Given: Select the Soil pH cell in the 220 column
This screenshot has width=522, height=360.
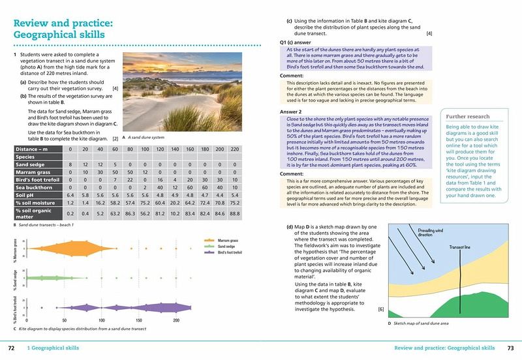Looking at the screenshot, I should [x=234, y=194].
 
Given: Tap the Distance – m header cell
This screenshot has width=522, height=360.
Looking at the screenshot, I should [x=33, y=149].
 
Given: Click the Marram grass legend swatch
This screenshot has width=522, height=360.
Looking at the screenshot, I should [x=208, y=240].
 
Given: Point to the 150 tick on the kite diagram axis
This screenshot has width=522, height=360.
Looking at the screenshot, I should [x=138, y=321].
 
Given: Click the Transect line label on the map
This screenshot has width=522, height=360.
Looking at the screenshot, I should [x=461, y=247].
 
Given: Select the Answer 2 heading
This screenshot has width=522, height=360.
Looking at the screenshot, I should [x=290, y=112].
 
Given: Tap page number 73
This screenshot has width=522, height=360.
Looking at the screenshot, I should [x=510, y=348].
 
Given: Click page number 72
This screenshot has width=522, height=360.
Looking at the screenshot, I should [x=11, y=348].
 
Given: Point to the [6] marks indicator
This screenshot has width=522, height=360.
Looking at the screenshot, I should [x=380, y=308].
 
